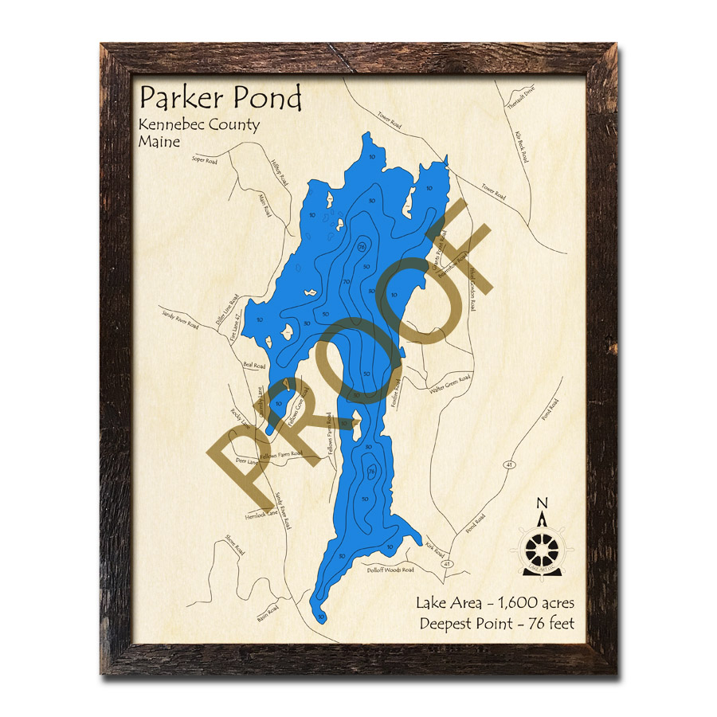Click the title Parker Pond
click(221, 99)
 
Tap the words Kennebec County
click(198, 125)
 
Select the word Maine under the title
click(159, 142)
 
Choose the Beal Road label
click(254, 365)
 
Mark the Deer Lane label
click(248, 461)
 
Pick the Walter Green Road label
click(450, 385)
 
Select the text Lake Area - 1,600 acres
click(495, 603)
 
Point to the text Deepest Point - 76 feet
click(496, 623)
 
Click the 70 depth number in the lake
click(347, 282)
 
